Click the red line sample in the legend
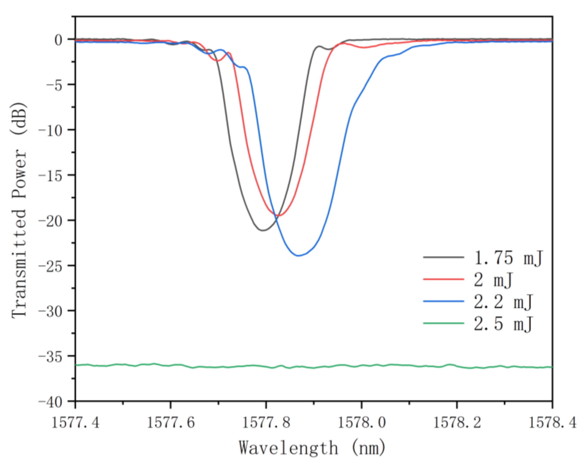[444, 280]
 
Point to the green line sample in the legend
[444, 323]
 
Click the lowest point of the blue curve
[298, 256]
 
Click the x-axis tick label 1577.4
[75, 423]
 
